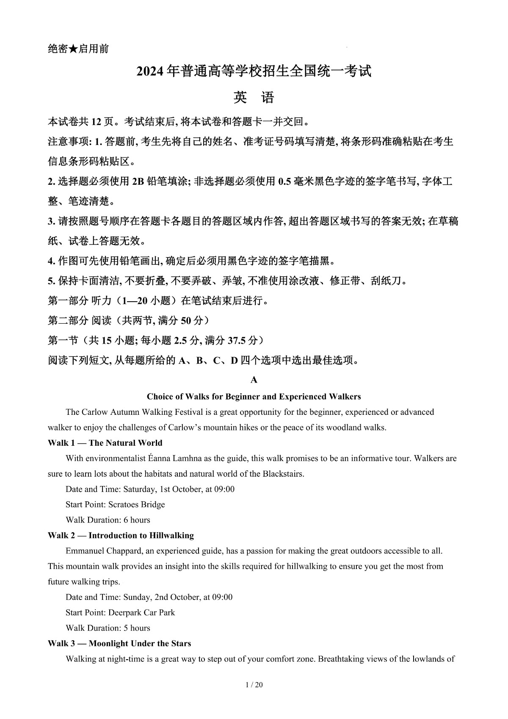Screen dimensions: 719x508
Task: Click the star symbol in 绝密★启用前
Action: point(73,49)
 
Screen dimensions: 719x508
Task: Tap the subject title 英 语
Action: point(254,98)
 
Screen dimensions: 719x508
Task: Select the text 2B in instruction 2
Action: point(138,182)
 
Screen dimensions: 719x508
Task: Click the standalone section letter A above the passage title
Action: point(254,380)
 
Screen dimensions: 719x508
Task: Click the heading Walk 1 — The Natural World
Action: point(105,443)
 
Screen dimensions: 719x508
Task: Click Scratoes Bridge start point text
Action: point(136,505)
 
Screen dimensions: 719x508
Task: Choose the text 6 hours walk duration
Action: point(137,520)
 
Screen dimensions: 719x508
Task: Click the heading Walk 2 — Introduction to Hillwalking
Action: point(121,536)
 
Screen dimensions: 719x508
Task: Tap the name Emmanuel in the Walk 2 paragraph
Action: point(86,551)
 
